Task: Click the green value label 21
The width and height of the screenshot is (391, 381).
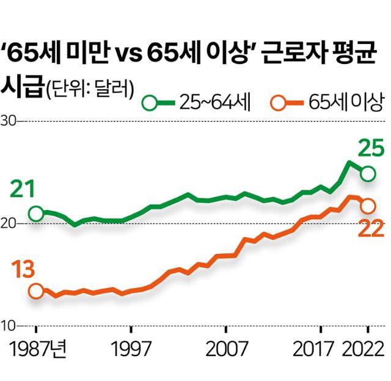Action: (22, 191)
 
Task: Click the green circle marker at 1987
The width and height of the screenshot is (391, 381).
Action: (36, 213)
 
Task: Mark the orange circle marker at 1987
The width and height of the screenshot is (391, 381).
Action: (36, 291)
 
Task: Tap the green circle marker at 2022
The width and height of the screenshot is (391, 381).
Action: (367, 174)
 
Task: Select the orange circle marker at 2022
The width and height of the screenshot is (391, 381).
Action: (367, 206)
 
